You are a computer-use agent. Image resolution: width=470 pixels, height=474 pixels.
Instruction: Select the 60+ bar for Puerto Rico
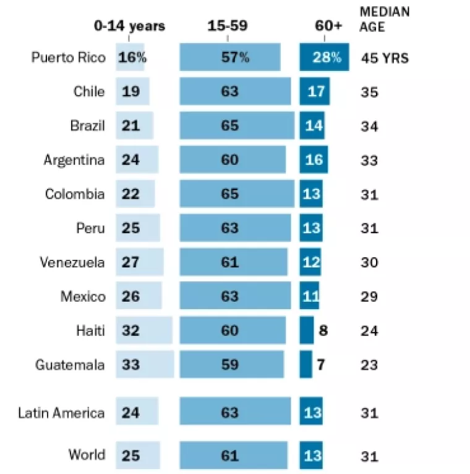[324, 58]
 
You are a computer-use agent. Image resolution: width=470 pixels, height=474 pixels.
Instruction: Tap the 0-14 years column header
[129, 26]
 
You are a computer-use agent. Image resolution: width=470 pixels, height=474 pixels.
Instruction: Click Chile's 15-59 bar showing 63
[235, 92]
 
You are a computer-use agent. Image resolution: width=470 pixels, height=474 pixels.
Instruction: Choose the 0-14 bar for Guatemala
[145, 365]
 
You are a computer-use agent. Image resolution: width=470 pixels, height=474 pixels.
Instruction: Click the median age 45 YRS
[385, 59]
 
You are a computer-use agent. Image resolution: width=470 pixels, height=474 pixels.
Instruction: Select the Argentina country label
[74, 160]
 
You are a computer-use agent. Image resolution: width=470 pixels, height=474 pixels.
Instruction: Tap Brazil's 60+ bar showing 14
[312, 126]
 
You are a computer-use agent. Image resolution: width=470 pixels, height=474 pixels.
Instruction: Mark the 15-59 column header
[229, 26]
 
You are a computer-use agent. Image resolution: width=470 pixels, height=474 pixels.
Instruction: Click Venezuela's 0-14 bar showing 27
[140, 262]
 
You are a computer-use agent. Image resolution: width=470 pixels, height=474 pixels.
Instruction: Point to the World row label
[87, 455]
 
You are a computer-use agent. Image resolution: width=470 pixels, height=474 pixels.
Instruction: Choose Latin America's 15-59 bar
[235, 413]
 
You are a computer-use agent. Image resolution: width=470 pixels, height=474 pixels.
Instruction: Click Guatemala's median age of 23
[370, 365]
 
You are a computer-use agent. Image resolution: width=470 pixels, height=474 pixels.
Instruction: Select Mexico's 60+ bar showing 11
[310, 296]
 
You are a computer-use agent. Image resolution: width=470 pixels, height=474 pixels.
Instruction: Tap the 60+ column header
[327, 26]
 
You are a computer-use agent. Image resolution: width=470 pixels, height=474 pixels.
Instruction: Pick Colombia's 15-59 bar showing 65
[237, 194]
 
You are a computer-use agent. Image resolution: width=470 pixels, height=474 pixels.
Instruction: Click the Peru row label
[90, 228]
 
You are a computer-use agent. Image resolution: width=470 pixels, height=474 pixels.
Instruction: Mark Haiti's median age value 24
[370, 330]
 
